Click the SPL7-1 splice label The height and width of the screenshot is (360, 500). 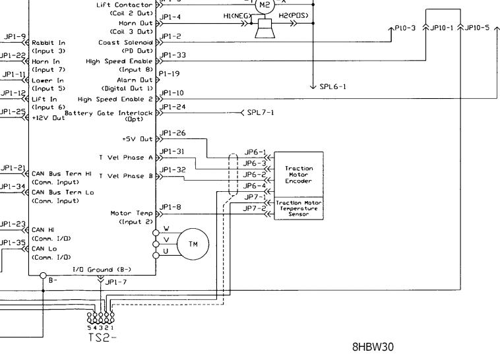[x=261, y=113]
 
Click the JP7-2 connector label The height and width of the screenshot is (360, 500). [x=255, y=208]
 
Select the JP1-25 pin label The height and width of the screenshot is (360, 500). [x=13, y=111]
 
